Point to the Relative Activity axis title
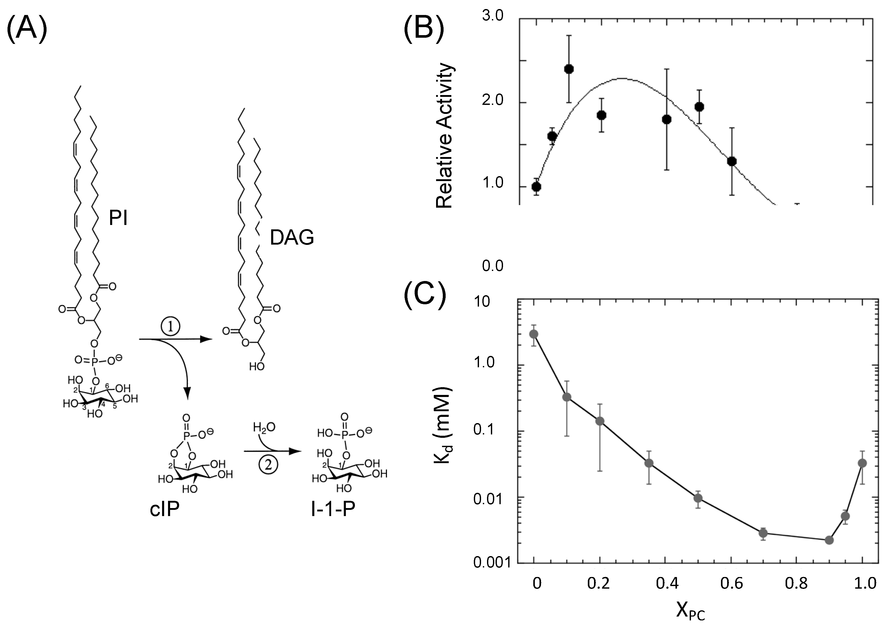tap(444, 136)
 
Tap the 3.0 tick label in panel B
tap(493, 16)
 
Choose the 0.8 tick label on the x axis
tap(796, 583)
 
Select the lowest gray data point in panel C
tap(829, 540)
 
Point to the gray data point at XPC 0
tap(534, 334)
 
